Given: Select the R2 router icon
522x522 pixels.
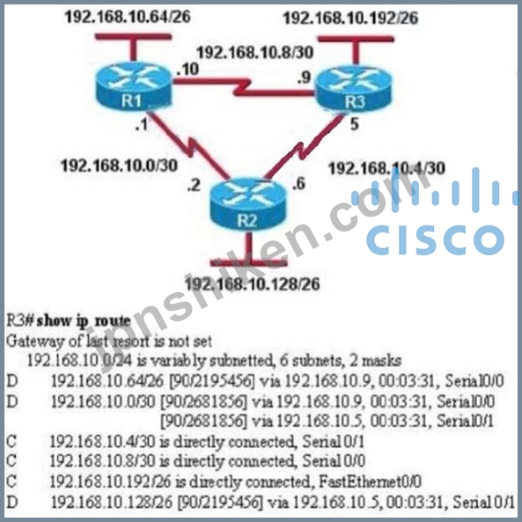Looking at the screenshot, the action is (247, 204).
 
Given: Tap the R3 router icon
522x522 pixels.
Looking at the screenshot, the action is (354, 87).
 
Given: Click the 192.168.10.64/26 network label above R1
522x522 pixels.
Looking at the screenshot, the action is (128, 17).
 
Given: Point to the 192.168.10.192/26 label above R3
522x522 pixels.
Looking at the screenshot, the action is (350, 18).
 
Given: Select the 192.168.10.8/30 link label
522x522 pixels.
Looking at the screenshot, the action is (255, 52).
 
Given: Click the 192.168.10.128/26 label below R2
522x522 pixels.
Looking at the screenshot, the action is (252, 284).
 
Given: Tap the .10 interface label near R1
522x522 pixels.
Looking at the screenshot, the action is (187, 70).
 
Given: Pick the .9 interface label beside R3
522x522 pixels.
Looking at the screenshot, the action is (304, 77).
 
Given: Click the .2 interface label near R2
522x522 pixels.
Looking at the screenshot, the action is (194, 185).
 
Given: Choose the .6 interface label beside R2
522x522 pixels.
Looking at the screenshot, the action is (298, 183).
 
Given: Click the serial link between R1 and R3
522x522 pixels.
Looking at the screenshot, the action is (243, 87).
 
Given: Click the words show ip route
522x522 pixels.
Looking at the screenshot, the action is (84, 321).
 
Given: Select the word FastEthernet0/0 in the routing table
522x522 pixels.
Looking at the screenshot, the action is (370, 482).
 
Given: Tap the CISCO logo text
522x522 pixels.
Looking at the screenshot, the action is (435, 239).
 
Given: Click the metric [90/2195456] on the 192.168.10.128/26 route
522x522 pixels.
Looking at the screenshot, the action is (220, 502).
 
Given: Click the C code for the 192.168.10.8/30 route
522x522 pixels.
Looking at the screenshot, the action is (11, 461).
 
